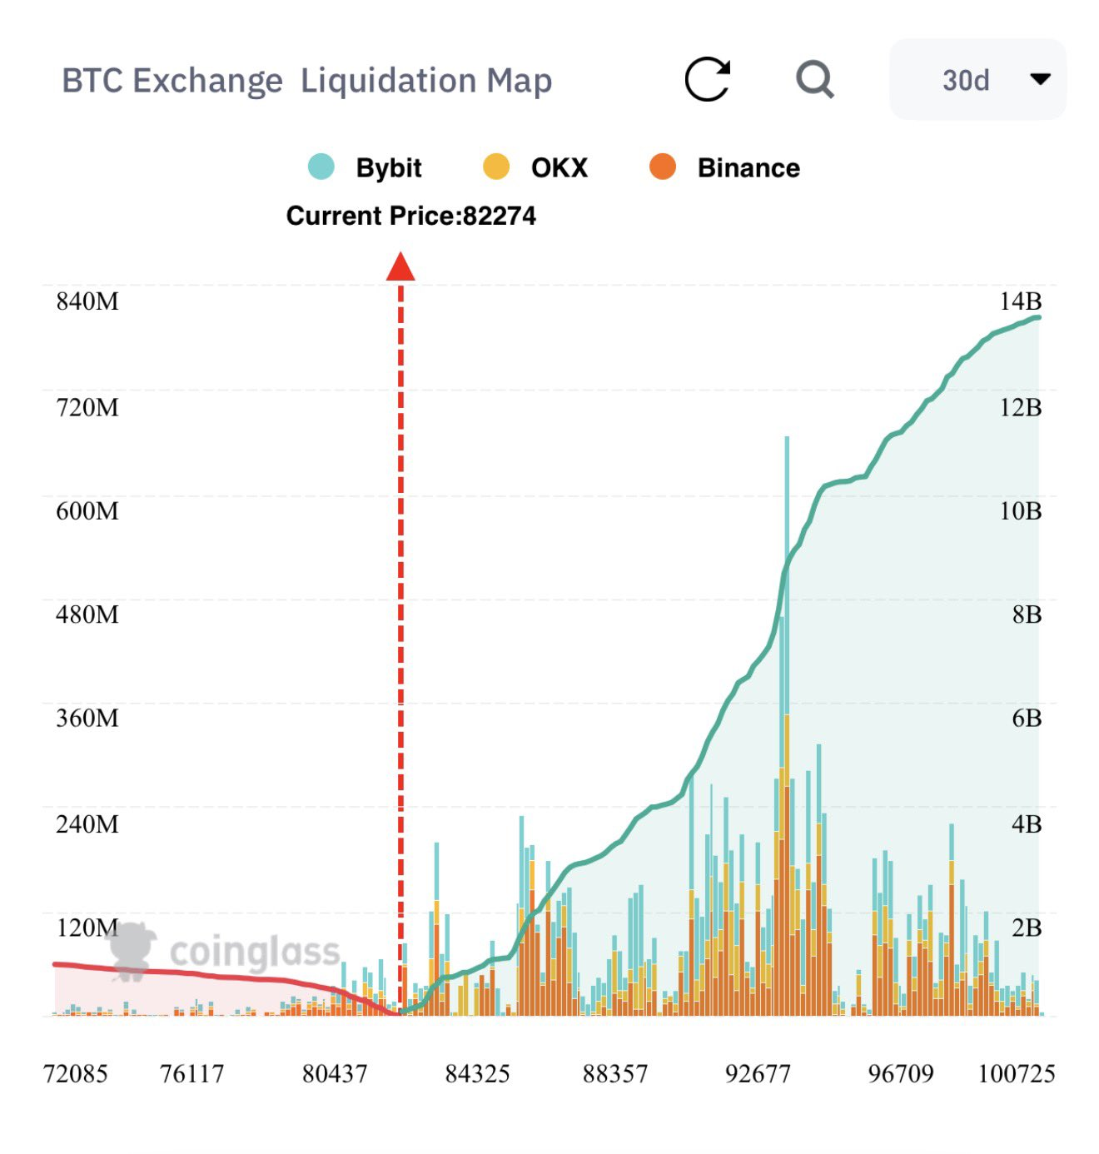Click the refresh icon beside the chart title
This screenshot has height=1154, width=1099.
click(708, 80)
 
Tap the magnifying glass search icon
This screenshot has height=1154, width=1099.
click(814, 80)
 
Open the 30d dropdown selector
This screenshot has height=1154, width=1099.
click(977, 80)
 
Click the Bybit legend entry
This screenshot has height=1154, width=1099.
click(366, 167)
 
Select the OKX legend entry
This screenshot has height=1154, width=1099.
click(536, 167)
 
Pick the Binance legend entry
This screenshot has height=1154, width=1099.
click(725, 167)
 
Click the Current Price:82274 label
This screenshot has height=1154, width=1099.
click(411, 216)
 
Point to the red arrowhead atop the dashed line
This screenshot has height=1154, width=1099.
click(400, 267)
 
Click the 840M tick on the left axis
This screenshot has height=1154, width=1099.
click(87, 301)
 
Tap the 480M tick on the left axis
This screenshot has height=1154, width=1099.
click(87, 614)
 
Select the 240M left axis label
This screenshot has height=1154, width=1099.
click(87, 824)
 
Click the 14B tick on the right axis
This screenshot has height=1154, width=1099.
click(1020, 301)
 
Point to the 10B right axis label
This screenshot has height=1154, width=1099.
click(1020, 510)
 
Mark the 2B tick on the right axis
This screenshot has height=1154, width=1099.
click(1026, 928)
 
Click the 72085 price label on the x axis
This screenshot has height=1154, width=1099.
click(76, 1074)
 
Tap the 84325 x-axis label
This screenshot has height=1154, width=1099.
click(477, 1074)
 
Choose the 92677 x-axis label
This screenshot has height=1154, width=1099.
click(758, 1074)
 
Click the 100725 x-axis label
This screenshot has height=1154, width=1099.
click(1016, 1074)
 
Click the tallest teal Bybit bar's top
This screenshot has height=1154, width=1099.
click(787, 439)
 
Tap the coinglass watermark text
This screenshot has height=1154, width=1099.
click(255, 952)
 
